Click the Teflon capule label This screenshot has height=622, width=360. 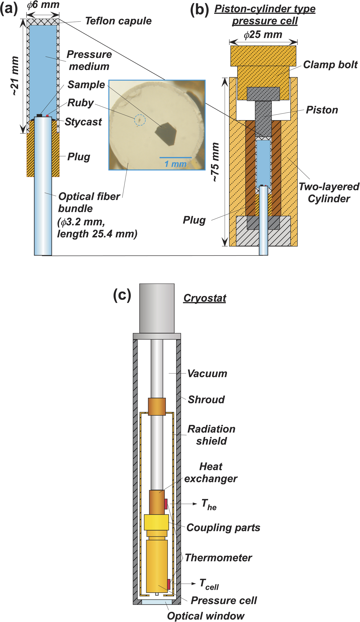118,21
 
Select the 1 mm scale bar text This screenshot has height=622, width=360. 175,164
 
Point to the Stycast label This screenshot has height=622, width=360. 83,122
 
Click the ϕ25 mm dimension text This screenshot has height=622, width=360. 263,34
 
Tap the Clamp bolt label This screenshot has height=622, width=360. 330,65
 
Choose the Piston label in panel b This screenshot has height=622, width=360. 322,110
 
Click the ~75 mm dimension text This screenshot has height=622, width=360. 215,162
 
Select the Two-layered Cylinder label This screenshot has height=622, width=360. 329,192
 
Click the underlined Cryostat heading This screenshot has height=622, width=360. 205,298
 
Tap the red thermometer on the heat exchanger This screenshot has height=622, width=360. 166,504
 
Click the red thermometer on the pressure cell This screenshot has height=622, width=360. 169,584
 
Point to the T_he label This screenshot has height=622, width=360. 209,504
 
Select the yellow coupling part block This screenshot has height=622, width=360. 156,522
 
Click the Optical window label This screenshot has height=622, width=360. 205,616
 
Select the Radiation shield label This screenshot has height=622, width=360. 211,435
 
